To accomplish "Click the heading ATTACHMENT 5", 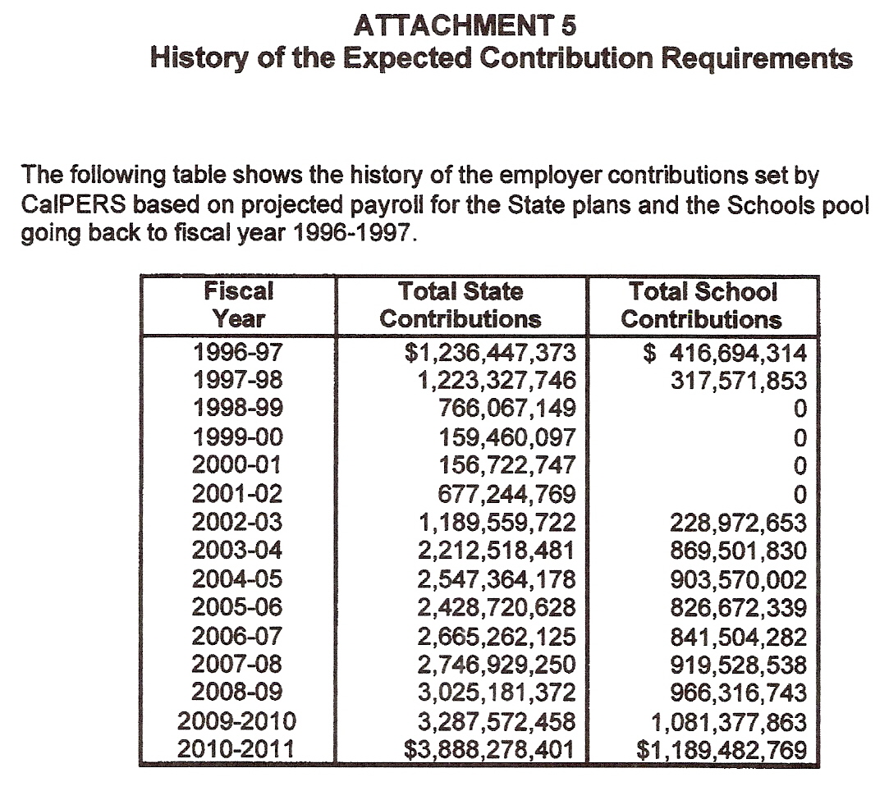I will (x=465, y=26).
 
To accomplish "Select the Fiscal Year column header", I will (x=239, y=304).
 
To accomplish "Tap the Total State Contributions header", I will (x=461, y=304).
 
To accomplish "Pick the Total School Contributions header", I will (x=702, y=304).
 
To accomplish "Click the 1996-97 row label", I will (x=238, y=353).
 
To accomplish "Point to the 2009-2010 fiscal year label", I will (x=238, y=722).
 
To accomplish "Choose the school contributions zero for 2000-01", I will (x=800, y=465).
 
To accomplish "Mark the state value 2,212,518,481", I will (x=496, y=551).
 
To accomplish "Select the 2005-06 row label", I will (x=238, y=608).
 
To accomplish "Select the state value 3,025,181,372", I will (x=496, y=693).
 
